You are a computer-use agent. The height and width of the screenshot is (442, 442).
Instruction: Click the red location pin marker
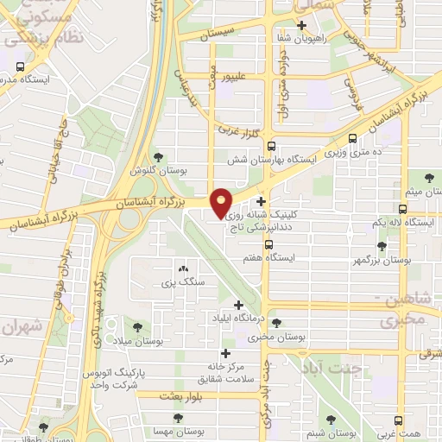tap(221, 202)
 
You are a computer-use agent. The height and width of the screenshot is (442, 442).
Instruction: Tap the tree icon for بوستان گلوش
tap(158, 156)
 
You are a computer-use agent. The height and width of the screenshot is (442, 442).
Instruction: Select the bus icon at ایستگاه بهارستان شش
tap(271, 146)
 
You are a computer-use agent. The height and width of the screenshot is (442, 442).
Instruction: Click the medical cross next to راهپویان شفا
tap(301, 25)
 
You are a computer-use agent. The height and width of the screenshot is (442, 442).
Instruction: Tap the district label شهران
tap(22, 328)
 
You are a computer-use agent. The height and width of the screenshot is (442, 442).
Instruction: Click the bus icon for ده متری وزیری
tap(352, 138)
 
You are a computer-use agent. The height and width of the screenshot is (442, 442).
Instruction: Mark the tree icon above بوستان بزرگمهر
tap(382, 246)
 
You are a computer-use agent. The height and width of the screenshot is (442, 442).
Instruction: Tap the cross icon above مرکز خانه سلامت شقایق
tap(226, 352)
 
